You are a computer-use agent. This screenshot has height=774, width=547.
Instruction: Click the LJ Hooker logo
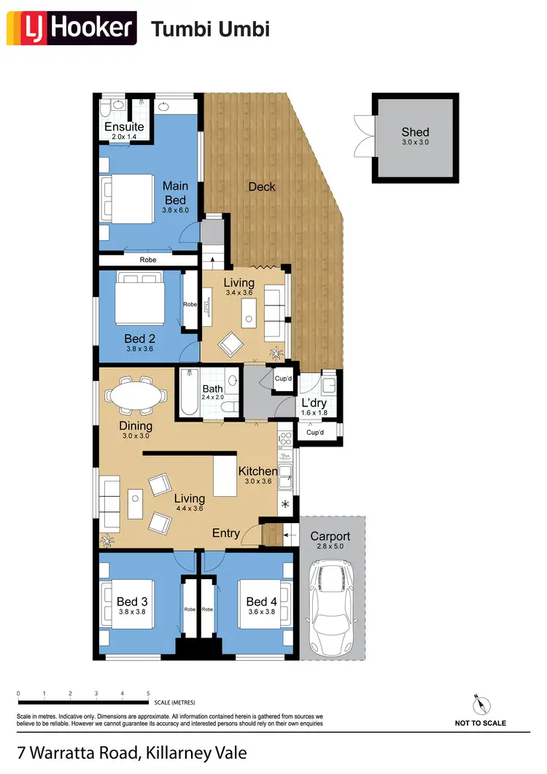71,28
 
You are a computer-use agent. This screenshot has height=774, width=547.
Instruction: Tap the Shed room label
415,133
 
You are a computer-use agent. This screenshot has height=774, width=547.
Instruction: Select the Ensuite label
124,127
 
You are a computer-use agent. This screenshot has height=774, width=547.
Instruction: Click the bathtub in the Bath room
190,393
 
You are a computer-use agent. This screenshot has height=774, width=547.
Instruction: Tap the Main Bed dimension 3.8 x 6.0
175,210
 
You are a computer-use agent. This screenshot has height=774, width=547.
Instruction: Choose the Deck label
262,187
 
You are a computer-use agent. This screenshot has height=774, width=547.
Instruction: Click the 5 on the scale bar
148,694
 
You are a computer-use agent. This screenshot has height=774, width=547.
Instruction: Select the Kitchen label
257,472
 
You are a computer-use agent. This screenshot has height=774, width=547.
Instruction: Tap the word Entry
226,533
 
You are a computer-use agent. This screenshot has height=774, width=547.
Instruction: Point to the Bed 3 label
132,601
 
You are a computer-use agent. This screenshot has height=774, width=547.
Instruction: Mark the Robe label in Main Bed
149,259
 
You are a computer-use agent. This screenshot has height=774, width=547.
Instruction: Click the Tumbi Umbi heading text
210,29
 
